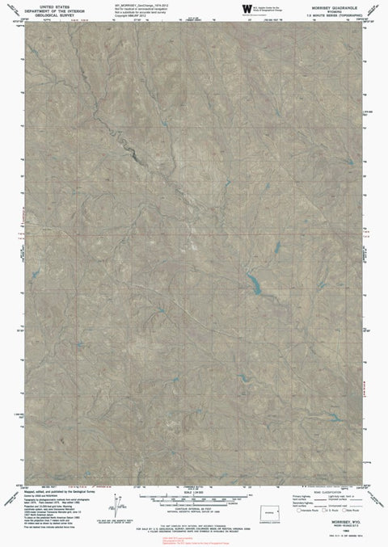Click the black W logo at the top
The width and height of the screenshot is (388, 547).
(246, 8)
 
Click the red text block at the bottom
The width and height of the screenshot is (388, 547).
(194, 537)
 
